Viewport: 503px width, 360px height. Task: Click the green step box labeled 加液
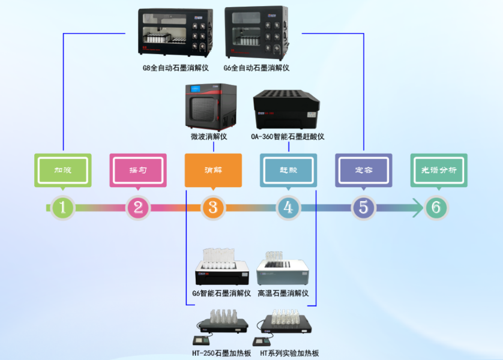click(63, 170)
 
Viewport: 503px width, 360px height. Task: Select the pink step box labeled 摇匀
click(138, 170)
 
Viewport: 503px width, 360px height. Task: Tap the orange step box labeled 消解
click(213, 170)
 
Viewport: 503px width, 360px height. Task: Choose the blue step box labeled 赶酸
click(288, 170)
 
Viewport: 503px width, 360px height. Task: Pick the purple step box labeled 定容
click(363, 170)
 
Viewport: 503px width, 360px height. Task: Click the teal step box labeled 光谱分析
click(439, 170)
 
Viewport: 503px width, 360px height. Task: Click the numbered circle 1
click(63, 208)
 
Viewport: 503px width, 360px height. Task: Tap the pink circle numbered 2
click(138, 208)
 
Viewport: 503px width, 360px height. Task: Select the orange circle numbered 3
click(213, 208)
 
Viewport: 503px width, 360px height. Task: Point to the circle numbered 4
click(288, 208)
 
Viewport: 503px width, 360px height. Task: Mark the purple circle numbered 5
click(363, 208)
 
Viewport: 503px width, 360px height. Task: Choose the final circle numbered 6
click(436, 208)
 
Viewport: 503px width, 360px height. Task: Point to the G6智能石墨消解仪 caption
click(221, 293)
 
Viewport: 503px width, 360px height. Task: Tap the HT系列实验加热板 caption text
click(289, 353)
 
